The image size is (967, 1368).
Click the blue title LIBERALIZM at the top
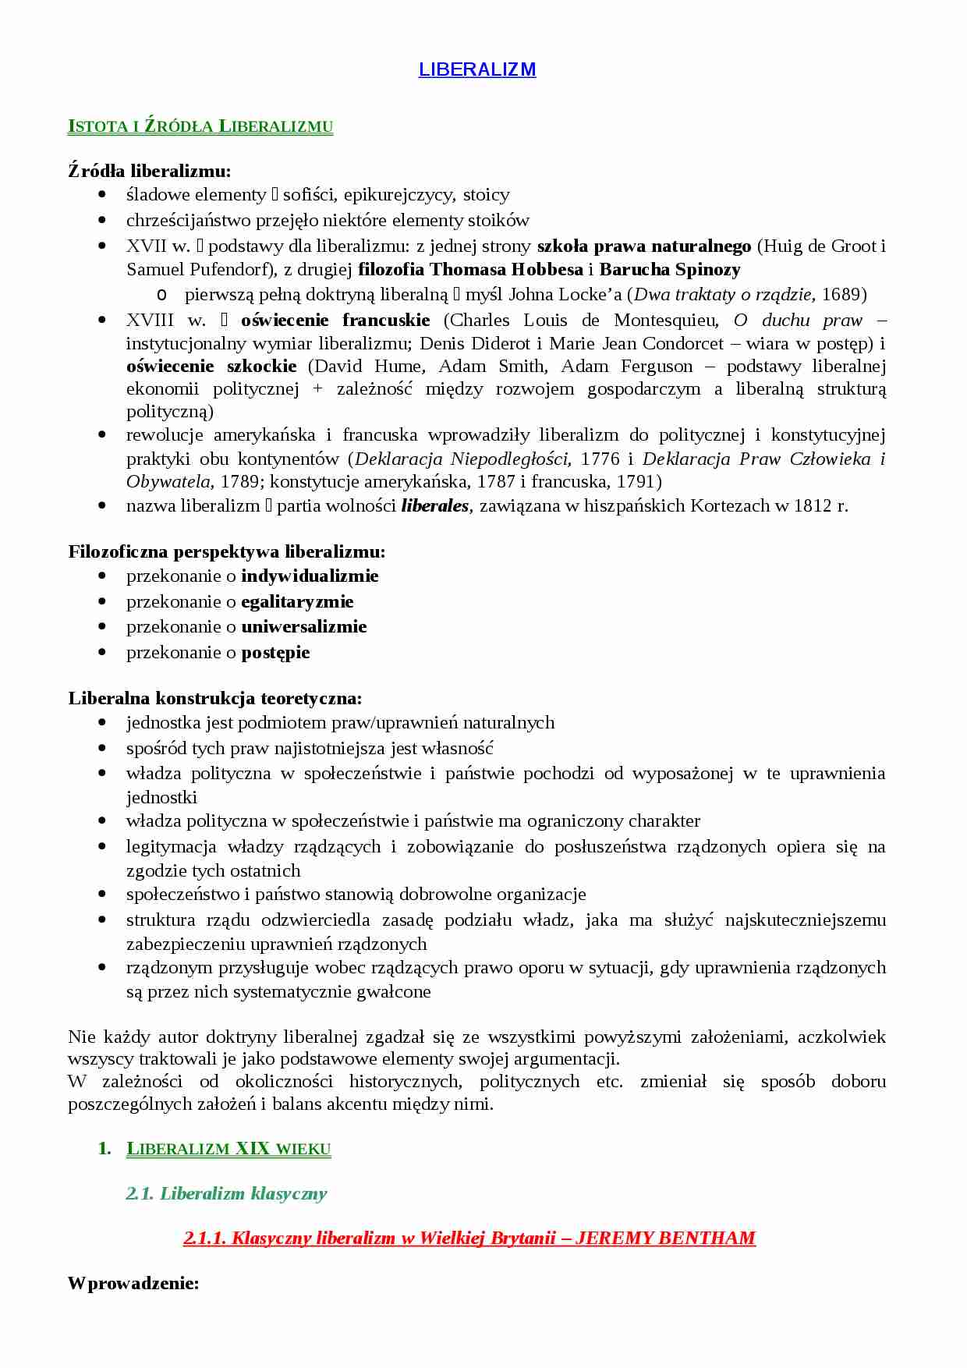click(476, 69)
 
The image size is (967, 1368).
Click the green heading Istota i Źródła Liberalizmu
click(200, 126)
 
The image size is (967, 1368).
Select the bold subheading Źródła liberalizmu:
click(149, 171)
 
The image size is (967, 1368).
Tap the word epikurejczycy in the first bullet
click(399, 195)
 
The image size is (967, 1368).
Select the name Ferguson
click(657, 367)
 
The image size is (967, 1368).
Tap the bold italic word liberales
click(435, 506)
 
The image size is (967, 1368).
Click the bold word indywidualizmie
click(310, 576)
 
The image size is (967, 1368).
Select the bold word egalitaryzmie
click(297, 602)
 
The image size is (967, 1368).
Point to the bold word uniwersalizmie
click(303, 627)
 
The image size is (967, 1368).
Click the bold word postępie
click(275, 653)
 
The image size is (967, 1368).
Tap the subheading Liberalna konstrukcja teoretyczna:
click(214, 698)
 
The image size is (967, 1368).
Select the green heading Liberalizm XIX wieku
click(228, 1149)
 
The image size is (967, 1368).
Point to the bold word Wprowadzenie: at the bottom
click(133, 1283)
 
